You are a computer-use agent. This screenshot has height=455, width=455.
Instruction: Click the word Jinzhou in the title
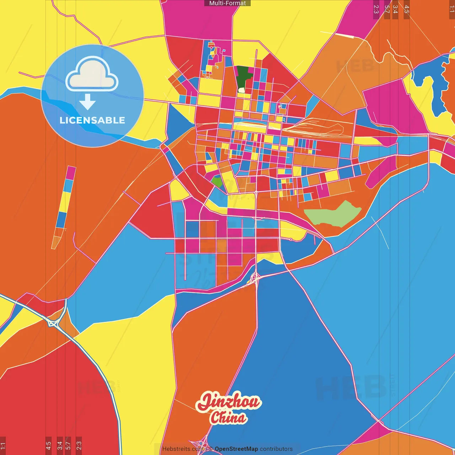(x=229, y=402)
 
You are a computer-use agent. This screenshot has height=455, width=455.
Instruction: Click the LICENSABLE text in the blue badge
(x=92, y=120)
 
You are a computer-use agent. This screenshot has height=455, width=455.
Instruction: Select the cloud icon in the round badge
(x=92, y=74)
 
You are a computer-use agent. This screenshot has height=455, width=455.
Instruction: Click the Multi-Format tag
(x=227, y=3)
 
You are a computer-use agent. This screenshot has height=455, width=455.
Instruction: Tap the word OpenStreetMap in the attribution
(x=236, y=449)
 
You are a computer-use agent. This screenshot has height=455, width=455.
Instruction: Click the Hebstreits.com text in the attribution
(x=183, y=449)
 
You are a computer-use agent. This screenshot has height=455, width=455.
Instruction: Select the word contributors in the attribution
(x=276, y=449)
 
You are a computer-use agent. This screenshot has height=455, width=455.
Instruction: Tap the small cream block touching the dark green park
(x=241, y=90)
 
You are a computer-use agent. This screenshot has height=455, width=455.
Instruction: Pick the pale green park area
(x=332, y=214)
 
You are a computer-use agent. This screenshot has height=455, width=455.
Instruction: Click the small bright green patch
(x=217, y=182)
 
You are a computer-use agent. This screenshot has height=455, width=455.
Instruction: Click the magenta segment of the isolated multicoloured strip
(x=71, y=173)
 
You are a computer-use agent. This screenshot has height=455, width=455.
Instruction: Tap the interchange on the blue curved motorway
(x=53, y=323)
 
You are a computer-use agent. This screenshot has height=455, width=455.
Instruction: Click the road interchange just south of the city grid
(x=255, y=278)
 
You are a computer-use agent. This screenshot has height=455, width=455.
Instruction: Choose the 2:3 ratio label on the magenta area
(x=376, y=9)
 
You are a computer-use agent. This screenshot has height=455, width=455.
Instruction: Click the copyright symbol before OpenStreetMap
(x=211, y=449)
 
